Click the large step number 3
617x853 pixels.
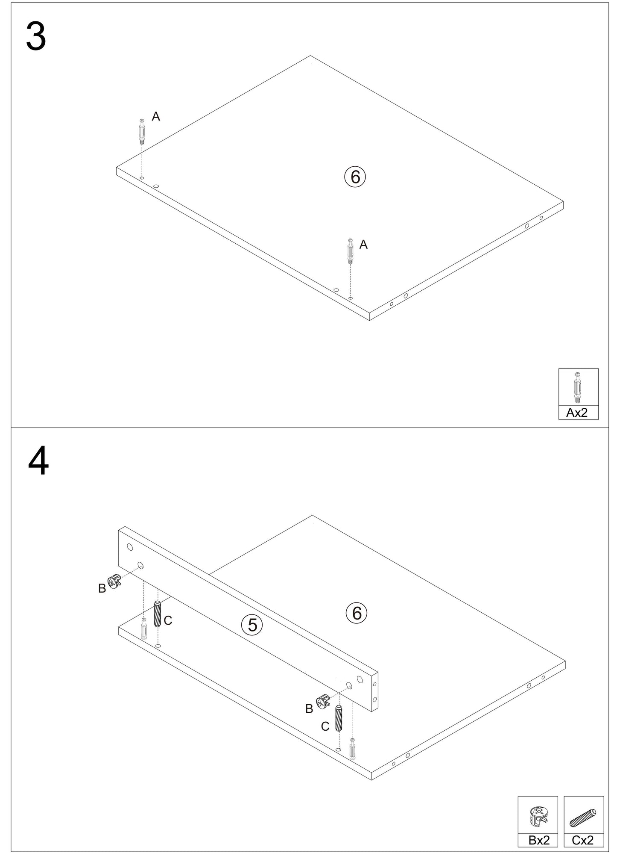point(36,37)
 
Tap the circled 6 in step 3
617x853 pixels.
point(355,177)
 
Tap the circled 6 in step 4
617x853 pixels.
point(357,613)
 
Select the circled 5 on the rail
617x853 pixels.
point(252,625)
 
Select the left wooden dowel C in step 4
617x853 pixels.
point(157,614)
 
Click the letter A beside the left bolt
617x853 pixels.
point(156,116)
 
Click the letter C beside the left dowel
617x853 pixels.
point(168,620)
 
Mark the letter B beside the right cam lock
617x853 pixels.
point(309,709)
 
